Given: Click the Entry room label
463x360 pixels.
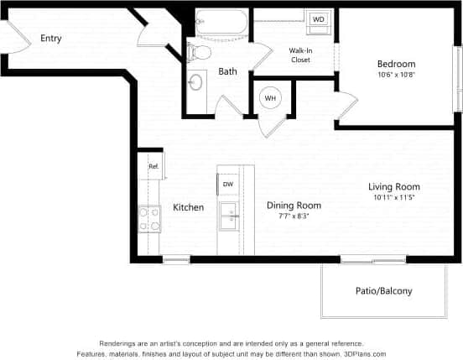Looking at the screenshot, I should pyautogui.click(x=51, y=39).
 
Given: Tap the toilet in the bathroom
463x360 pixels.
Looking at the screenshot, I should pyautogui.click(x=200, y=52).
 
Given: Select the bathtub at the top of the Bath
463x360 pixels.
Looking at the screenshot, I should pyautogui.click(x=221, y=23).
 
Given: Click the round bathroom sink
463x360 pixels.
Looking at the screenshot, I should pyautogui.click(x=196, y=82).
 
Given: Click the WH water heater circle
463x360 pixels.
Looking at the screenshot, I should pyautogui.click(x=271, y=98).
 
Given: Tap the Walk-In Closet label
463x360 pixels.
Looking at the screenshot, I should pyautogui.click(x=301, y=55).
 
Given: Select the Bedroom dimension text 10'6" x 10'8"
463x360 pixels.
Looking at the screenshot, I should pyautogui.click(x=397, y=75).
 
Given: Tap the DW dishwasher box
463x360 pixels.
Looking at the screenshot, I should pyautogui.click(x=228, y=183).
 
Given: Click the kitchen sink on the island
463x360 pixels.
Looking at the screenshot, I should pyautogui.click(x=228, y=217).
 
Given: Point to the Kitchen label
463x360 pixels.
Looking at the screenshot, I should pyautogui.click(x=188, y=207).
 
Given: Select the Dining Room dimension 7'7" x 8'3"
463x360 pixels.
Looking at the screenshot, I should pyautogui.click(x=294, y=216).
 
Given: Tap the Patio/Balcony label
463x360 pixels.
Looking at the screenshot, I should pyautogui.click(x=384, y=291).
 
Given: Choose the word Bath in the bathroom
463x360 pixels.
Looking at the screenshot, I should pyautogui.click(x=228, y=72).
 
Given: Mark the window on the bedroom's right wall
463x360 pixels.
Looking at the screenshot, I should pyautogui.click(x=458, y=77).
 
